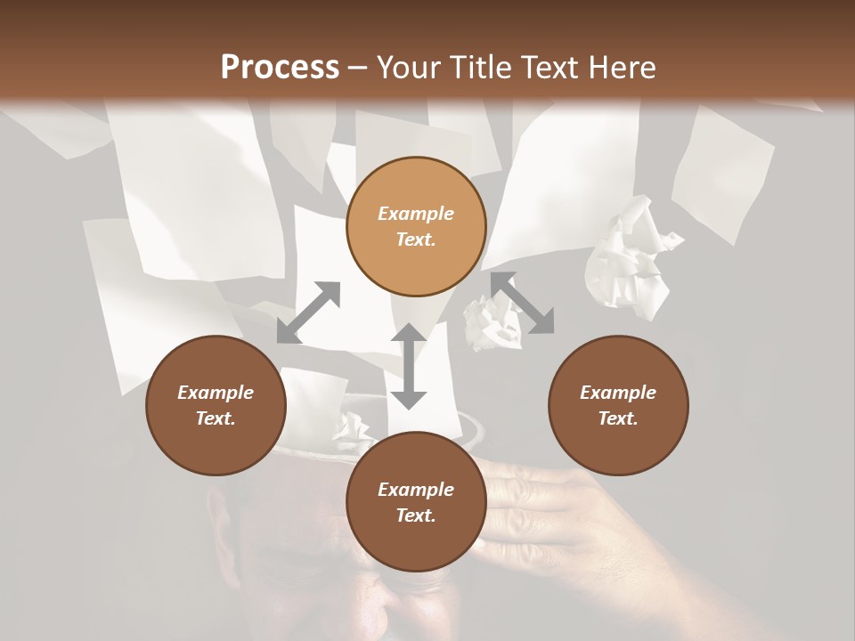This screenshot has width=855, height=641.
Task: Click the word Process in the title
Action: coord(280,67)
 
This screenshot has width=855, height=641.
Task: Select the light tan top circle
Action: coord(416,226)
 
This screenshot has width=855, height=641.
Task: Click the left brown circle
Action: coord(216,405)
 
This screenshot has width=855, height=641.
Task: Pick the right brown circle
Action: coord(618,405)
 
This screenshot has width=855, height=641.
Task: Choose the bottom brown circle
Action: coord(416,502)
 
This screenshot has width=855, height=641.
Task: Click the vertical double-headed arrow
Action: coord(409,366)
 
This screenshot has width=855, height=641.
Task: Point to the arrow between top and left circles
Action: coord(308,312)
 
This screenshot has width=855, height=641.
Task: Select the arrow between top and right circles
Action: coord(522,303)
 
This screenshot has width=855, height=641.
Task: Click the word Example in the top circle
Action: coord(416,214)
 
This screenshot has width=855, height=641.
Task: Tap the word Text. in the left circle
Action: coord(216,418)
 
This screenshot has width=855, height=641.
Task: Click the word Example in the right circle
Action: coord(618,393)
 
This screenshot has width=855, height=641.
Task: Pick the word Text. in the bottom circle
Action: coord(416,515)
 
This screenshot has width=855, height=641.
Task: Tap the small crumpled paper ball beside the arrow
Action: coord(490,322)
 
